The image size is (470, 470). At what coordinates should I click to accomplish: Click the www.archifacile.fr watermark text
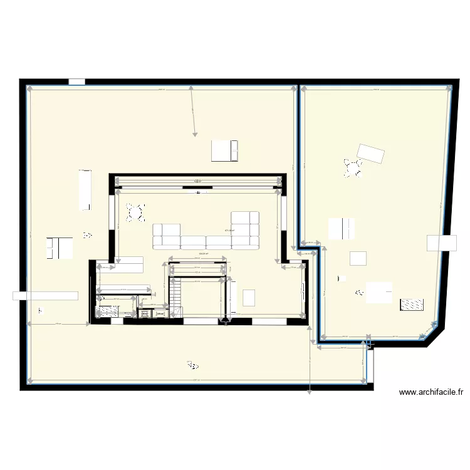pyautogui.click(x=431, y=393)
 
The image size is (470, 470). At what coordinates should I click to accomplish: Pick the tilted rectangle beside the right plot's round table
pyautogui.click(x=371, y=153)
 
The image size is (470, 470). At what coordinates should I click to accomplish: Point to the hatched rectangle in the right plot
pyautogui.click(x=412, y=305)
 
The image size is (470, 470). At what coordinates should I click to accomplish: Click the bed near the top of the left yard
pyautogui.click(x=225, y=150)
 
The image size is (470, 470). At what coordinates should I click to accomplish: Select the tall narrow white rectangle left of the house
pyautogui.click(x=85, y=190)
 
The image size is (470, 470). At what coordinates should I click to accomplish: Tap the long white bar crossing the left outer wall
pyautogui.click(x=45, y=296)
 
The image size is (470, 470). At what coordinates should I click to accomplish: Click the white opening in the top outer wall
pyautogui.click(x=76, y=81)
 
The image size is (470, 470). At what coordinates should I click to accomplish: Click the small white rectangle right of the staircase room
pyautogui.click(x=249, y=297)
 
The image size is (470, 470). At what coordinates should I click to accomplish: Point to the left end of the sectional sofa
pyautogui.click(x=167, y=236)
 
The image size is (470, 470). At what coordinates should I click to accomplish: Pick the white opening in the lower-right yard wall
pyautogui.click(x=370, y=366)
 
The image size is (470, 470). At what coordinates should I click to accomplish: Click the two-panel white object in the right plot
pyautogui.click(x=342, y=229)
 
